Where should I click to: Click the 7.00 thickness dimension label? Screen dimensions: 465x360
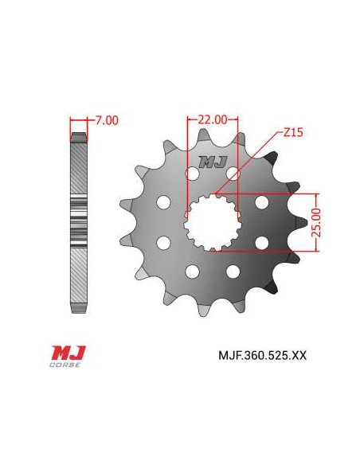coord(107,121)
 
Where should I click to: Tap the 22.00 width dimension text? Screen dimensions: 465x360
coord(212,119)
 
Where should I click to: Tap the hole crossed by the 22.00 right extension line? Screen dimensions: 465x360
coord(233,173)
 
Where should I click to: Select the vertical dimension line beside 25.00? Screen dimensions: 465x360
coord(317,222)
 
